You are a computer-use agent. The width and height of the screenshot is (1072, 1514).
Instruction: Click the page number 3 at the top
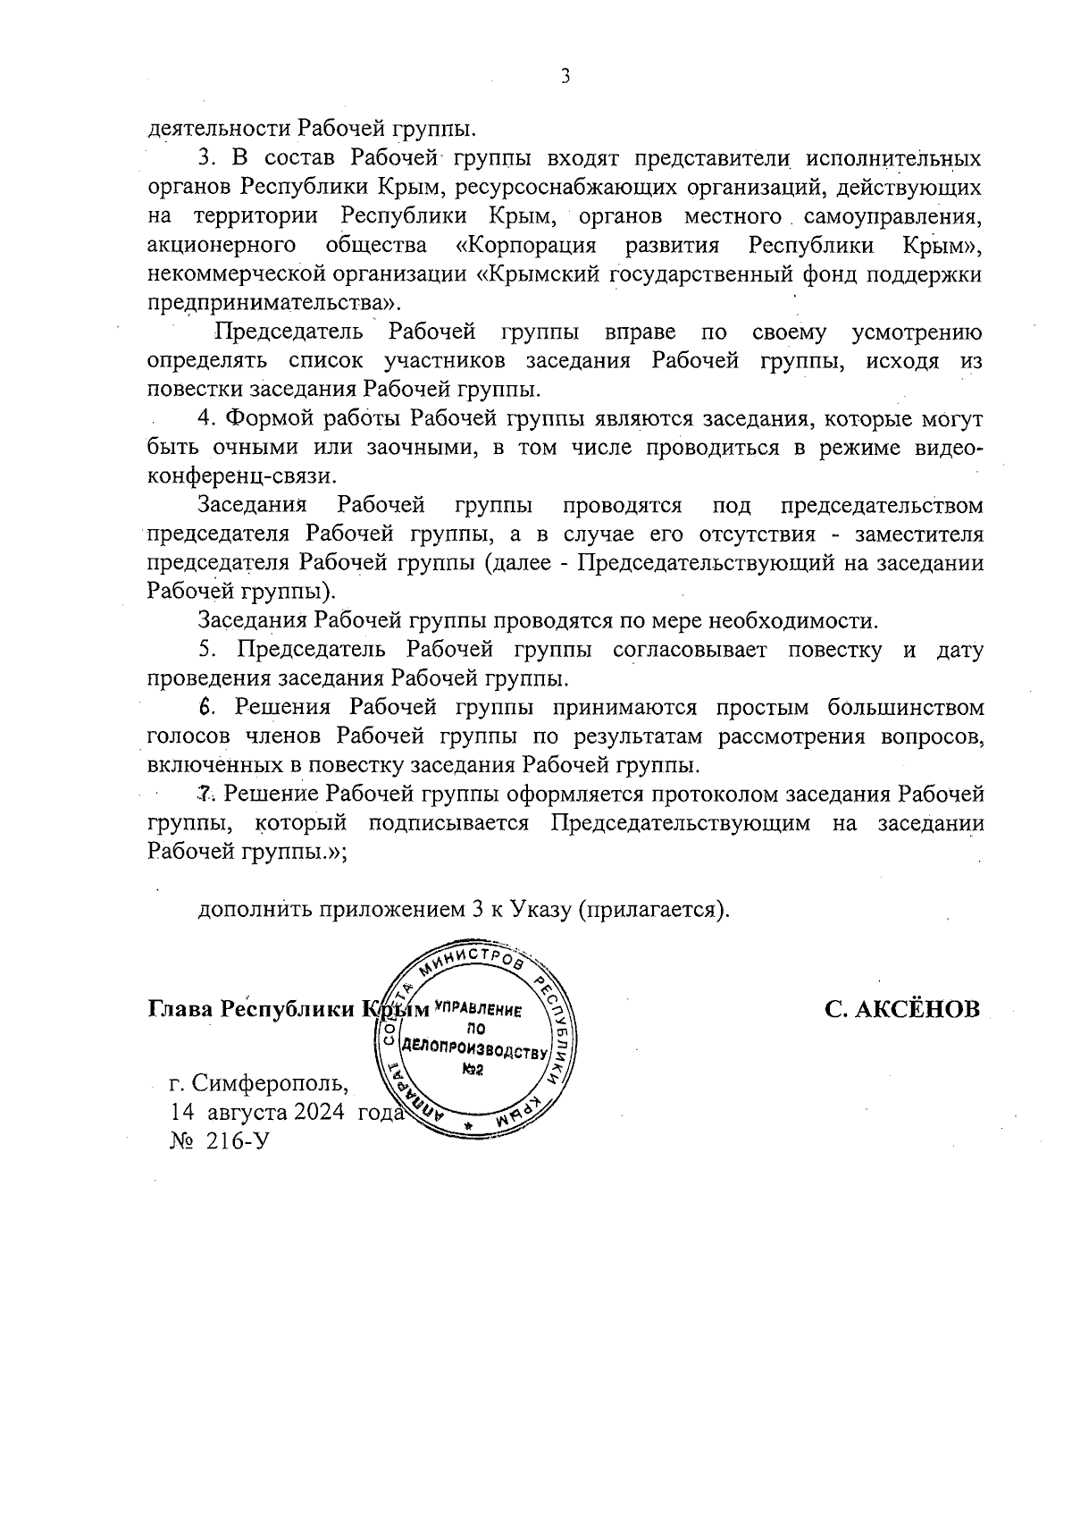pos(565,77)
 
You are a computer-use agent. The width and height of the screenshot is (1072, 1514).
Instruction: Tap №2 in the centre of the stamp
pos(473,1069)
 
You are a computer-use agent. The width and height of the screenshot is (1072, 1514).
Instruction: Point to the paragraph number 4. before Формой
pos(206,418)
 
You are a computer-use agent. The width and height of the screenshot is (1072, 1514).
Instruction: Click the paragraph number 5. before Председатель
pos(206,649)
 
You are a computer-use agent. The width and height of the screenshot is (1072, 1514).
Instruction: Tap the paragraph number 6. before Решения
pos(206,707)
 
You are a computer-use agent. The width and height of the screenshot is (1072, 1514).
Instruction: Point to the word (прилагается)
pos(653,909)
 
